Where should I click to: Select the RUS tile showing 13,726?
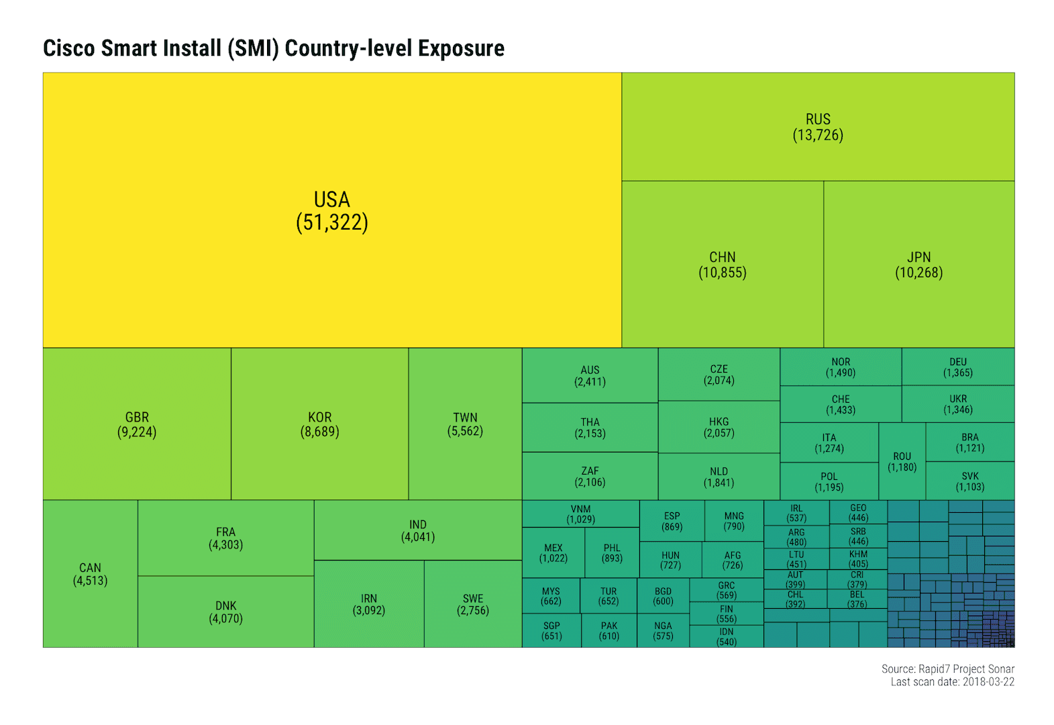(x=817, y=127)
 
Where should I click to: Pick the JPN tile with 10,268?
(x=918, y=264)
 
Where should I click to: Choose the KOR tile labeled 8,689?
(x=319, y=424)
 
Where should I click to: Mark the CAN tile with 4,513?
(x=90, y=574)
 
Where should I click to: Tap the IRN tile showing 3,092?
(x=368, y=604)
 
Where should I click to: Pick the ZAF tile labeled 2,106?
(x=590, y=477)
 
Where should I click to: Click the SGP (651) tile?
(x=551, y=631)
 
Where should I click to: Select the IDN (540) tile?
(x=727, y=636)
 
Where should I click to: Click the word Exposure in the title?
(x=461, y=48)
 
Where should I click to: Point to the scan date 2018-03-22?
(x=988, y=682)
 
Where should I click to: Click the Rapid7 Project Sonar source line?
(x=947, y=669)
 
